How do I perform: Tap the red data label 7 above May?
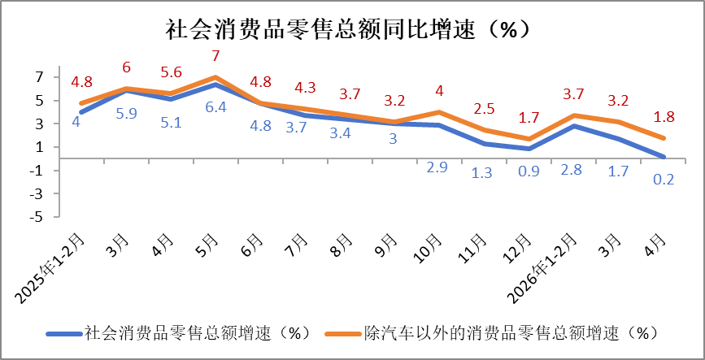pos(215,56)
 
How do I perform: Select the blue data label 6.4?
pos(215,108)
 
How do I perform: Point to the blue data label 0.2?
pos(664,180)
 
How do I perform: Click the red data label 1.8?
pos(664,117)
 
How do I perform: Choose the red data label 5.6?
pos(171,72)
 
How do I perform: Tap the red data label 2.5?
pos(484,108)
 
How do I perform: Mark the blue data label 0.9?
pos(529,172)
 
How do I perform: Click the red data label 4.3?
pos(305,87)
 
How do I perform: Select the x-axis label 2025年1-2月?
pos(50,268)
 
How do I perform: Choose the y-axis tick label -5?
pos(38,217)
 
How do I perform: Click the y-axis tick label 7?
pos(41,77)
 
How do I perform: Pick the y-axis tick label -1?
pos(38,171)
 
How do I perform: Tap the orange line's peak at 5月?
pos(215,77)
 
